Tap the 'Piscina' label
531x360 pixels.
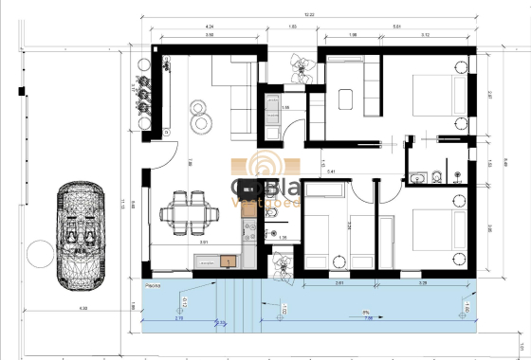(156, 284)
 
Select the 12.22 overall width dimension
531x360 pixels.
(310, 14)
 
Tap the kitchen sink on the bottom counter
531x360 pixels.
(229, 259)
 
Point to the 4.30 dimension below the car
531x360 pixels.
(82, 308)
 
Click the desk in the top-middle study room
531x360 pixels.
(347, 98)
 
